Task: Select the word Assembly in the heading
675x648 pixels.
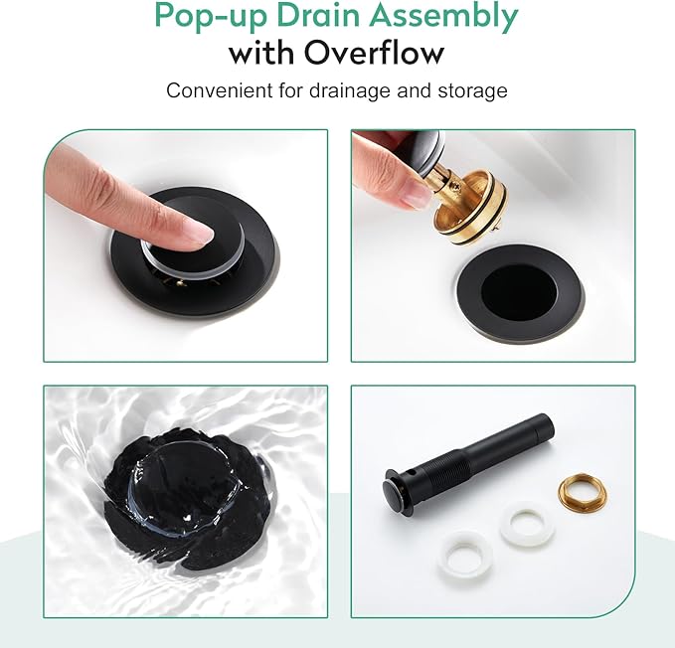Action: [448, 17]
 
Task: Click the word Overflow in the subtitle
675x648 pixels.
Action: [374, 53]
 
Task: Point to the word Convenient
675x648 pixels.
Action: [220, 90]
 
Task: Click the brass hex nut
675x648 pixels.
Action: [584, 491]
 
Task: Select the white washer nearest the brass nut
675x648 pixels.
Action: [528, 523]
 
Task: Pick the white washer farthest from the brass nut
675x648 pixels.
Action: [464, 555]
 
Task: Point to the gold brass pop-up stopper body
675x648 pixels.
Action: [471, 206]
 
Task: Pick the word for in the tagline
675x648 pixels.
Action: [291, 90]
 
